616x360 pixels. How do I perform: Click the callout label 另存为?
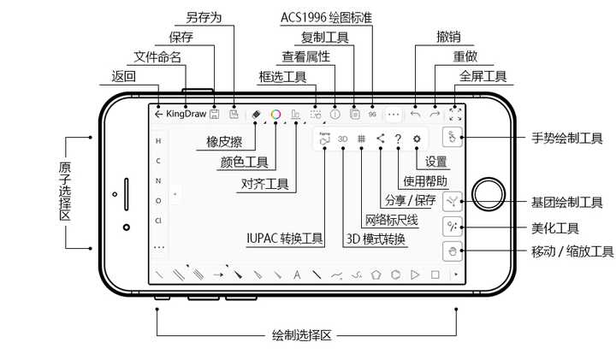[203, 16]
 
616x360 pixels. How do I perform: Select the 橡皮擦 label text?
[222, 142]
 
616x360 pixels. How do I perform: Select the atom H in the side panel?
[157, 140]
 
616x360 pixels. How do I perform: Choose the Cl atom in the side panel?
[158, 221]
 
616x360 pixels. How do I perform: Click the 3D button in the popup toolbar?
[342, 139]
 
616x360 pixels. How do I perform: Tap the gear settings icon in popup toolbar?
[417, 139]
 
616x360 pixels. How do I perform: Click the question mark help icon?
[398, 139]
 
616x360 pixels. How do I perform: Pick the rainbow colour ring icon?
[275, 113]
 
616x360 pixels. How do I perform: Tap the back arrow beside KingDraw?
[158, 113]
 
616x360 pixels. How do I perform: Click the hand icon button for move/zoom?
[453, 251]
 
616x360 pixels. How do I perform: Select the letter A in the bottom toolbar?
[297, 275]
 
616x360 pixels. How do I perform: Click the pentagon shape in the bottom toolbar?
[375, 275]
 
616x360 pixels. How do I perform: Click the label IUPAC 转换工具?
[285, 239]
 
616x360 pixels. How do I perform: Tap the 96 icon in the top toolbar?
[373, 113]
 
